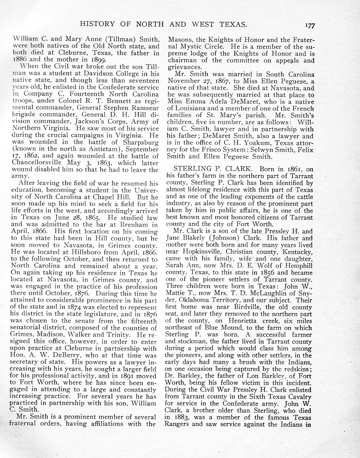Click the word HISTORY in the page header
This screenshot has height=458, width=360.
97,24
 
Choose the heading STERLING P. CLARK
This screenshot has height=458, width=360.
213,169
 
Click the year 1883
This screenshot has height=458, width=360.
180,417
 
